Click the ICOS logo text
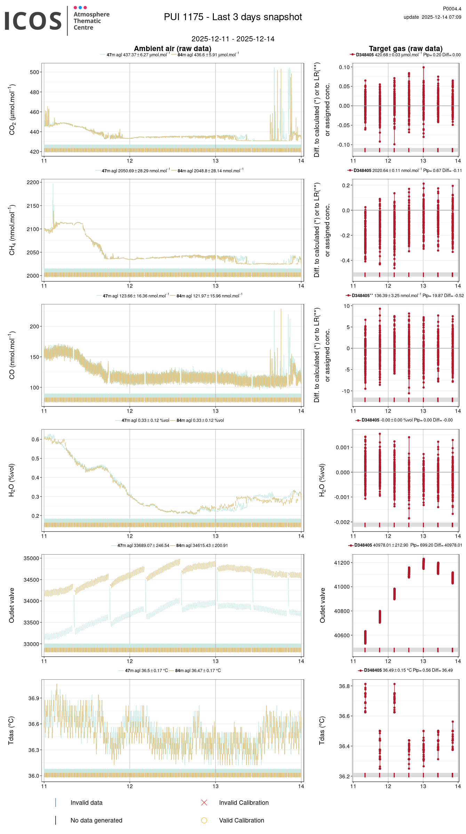click(x=33, y=21)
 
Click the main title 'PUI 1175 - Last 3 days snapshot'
click(x=233, y=17)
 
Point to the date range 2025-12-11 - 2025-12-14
click(x=233, y=39)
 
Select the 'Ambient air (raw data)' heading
click(x=172, y=49)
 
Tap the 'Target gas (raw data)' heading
click(x=405, y=49)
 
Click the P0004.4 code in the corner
click(x=452, y=9)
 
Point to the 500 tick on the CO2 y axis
click(x=34, y=72)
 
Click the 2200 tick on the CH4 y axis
click(x=33, y=182)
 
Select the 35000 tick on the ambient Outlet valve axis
click(x=32, y=558)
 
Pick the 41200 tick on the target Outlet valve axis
click(x=342, y=563)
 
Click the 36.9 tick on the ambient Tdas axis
click(x=34, y=698)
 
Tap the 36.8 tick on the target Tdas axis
click(x=344, y=686)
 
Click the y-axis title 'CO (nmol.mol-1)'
click(x=12, y=355)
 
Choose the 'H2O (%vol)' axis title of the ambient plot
click(x=12, y=480)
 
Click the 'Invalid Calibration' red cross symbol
click(x=204, y=803)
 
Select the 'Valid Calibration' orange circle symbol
click(x=204, y=820)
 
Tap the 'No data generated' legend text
click(x=96, y=820)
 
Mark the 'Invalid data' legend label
click(x=86, y=803)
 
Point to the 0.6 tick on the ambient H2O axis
click(x=35, y=440)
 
